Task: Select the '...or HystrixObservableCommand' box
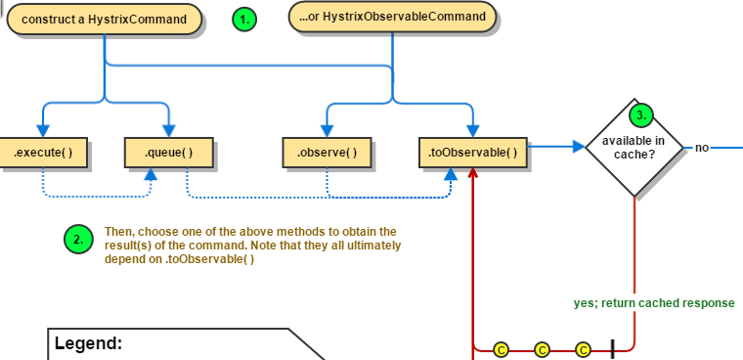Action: point(392,17)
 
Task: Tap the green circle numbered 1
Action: point(244,19)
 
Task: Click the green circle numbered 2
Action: point(78,240)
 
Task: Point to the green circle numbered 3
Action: point(640,115)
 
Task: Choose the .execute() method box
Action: point(42,152)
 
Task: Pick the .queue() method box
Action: point(168,152)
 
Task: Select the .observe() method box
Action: point(327,152)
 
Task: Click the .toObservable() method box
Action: point(472,152)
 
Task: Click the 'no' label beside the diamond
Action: point(701,148)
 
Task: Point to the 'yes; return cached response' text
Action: point(653,303)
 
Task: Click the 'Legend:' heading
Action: point(88,343)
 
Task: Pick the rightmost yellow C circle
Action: point(584,348)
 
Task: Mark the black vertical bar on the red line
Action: point(613,348)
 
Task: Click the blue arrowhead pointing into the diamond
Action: point(578,148)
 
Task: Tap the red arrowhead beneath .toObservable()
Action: point(472,173)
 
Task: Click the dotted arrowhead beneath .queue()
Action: point(152,173)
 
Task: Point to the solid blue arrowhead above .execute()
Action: point(42,130)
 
